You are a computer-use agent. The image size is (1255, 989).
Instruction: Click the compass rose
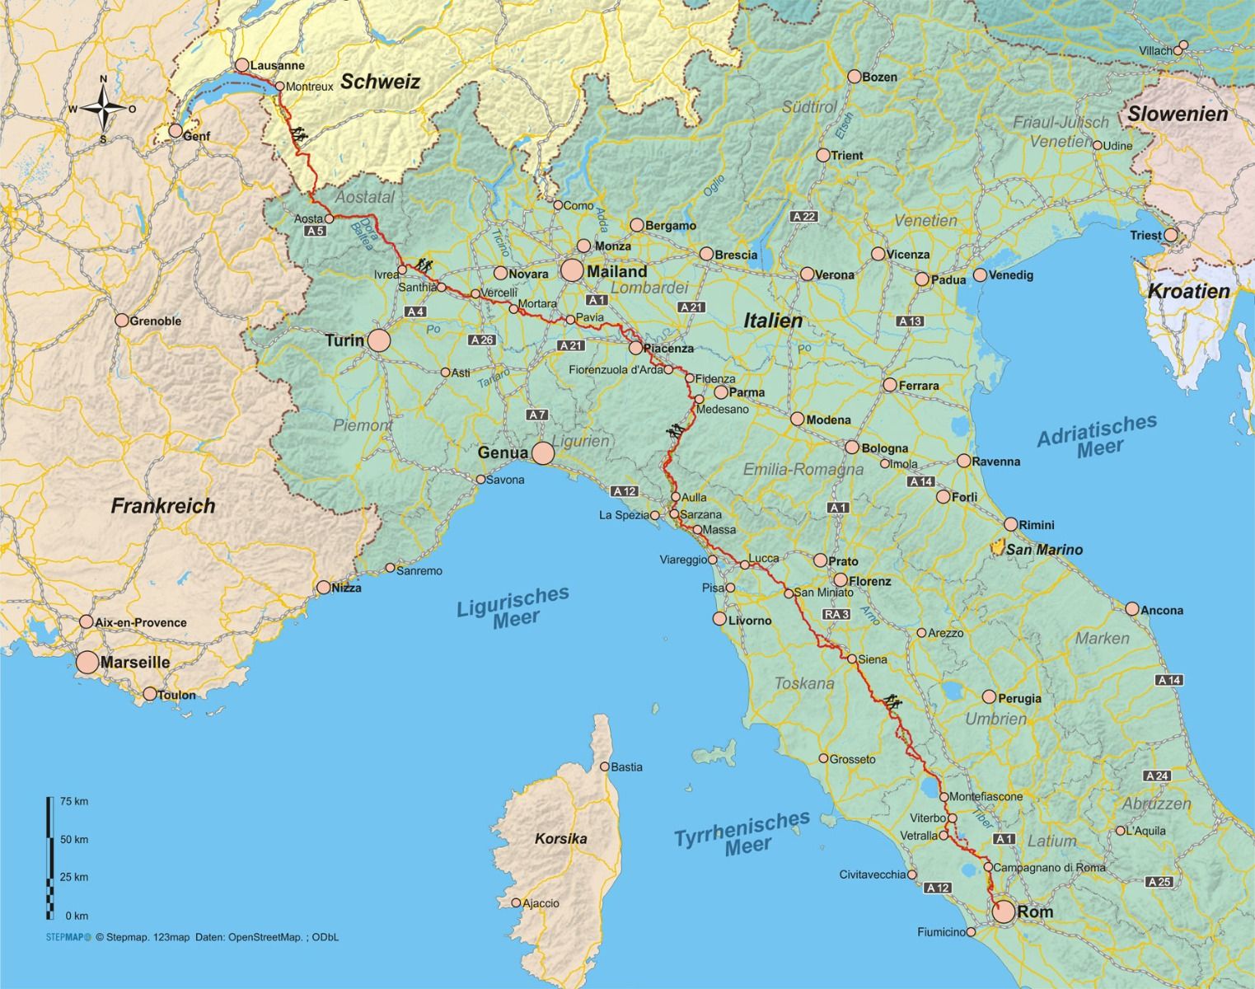(x=103, y=109)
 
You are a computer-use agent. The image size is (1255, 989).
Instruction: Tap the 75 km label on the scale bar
(x=74, y=802)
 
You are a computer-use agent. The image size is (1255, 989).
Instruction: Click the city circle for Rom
(x=1003, y=912)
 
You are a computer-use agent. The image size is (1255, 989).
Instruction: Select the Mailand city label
(x=616, y=271)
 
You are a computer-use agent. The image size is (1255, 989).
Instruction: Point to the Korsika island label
(x=561, y=839)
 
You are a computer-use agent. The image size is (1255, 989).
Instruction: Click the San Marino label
(x=1044, y=550)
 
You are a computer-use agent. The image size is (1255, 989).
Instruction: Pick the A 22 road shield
(x=803, y=216)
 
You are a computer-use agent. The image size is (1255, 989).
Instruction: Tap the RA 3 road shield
(x=836, y=614)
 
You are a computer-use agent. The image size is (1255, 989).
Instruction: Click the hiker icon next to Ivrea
(x=424, y=265)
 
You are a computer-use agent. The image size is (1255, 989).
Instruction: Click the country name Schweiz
(x=380, y=82)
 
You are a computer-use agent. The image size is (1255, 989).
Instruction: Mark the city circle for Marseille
(x=87, y=663)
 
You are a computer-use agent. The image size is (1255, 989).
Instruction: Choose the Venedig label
(x=1010, y=275)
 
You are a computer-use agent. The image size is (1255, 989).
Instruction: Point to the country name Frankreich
(x=163, y=506)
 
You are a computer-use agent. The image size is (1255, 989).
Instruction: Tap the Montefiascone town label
(x=986, y=797)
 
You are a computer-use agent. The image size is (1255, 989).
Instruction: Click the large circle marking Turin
(x=378, y=340)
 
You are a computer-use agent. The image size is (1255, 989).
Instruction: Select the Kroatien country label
(x=1188, y=291)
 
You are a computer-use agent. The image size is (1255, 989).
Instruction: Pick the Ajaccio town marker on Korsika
(x=516, y=903)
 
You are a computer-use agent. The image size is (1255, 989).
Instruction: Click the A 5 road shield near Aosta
(x=315, y=232)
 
